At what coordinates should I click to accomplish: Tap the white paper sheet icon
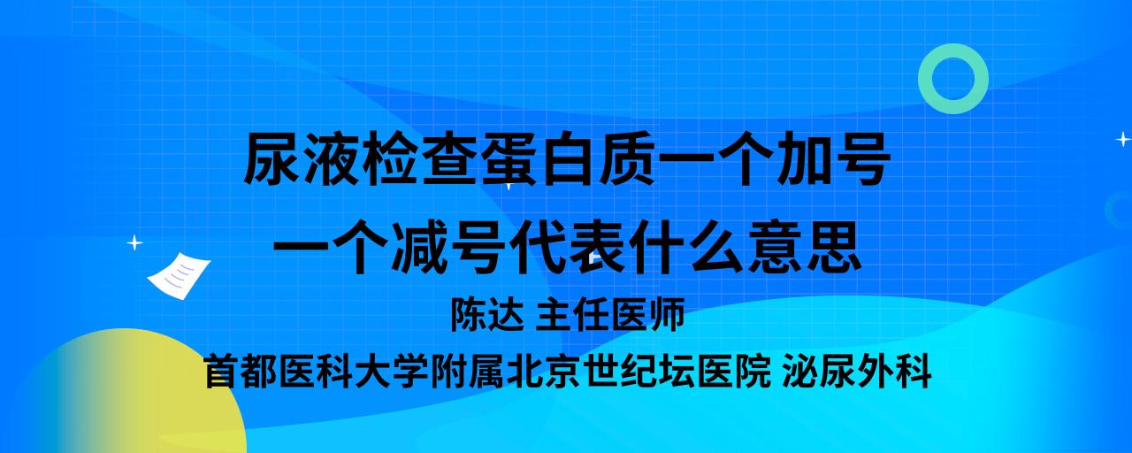pyautogui.click(x=179, y=276)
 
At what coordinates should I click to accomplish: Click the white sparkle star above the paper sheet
pyautogui.click(x=134, y=243)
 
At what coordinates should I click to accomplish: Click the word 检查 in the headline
pyautogui.click(x=392, y=158)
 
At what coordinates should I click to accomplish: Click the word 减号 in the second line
pyautogui.click(x=448, y=248)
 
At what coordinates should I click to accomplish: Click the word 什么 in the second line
pyautogui.click(x=685, y=248)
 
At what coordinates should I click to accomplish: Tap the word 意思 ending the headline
pyautogui.click(x=805, y=248)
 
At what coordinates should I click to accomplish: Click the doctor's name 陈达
pyautogui.click(x=487, y=314)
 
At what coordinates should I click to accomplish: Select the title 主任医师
pyautogui.click(x=610, y=314)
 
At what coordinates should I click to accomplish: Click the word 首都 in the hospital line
pyautogui.click(x=241, y=372)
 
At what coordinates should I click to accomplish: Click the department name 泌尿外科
pyautogui.click(x=857, y=372)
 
